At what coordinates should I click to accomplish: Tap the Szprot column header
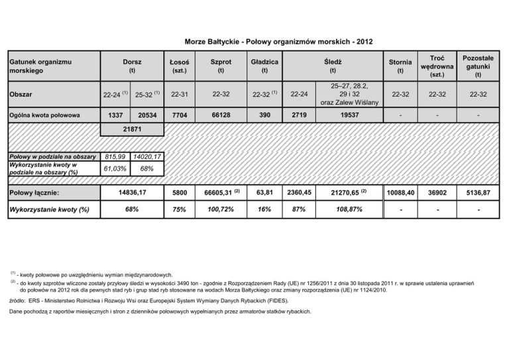(x=221, y=66)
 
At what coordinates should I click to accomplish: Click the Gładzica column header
(x=264, y=66)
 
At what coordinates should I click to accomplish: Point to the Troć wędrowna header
(x=437, y=66)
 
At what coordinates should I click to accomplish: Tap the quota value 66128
(x=221, y=115)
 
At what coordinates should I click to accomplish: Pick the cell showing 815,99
(x=115, y=156)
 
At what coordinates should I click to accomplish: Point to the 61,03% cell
(x=115, y=169)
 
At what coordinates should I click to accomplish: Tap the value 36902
(x=437, y=192)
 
